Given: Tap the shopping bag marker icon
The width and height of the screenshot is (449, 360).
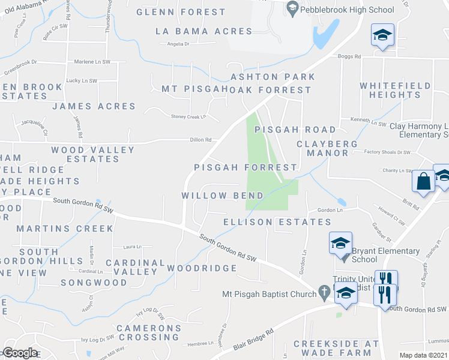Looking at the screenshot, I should pyautogui.click(x=424, y=182).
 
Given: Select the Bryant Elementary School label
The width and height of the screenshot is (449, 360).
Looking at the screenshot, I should pyautogui.click(x=386, y=255).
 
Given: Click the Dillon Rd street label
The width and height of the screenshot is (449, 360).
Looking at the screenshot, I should pyautogui.click(x=200, y=140).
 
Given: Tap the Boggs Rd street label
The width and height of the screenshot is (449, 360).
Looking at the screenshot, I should pyautogui.click(x=349, y=56).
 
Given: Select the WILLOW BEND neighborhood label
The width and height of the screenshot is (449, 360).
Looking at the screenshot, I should pyautogui.click(x=223, y=196).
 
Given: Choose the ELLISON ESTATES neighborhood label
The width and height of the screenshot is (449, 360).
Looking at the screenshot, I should pyautogui.click(x=268, y=222).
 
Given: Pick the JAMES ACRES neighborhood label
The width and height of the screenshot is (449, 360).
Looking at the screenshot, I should pyautogui.click(x=94, y=106).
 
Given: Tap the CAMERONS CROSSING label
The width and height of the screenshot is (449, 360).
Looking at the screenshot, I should pyautogui.click(x=149, y=332).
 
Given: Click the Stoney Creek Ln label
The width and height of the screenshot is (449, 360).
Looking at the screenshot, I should pyautogui.click(x=188, y=116).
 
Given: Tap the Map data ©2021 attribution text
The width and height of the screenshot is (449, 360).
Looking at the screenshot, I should pyautogui.click(x=424, y=355).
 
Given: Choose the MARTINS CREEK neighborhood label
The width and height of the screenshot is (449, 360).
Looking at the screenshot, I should pyautogui.click(x=65, y=229).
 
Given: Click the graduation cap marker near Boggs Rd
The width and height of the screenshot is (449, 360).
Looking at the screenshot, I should pyautogui.click(x=382, y=35).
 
